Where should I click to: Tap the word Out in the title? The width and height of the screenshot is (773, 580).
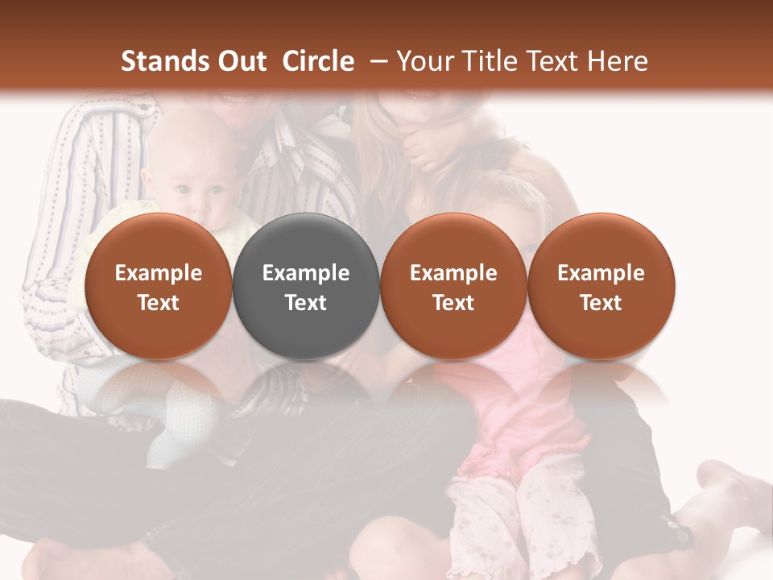241,61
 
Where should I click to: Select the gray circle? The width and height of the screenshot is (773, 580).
306,286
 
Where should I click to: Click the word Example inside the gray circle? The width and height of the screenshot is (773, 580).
306,273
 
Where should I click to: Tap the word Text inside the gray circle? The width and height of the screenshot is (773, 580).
306,303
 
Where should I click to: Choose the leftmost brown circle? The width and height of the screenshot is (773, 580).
159,286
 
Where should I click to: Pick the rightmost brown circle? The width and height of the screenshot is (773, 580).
601,286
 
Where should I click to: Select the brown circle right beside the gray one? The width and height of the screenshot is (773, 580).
453,286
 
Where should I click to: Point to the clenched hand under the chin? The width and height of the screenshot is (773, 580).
424,145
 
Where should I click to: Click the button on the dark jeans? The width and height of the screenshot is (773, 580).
681,534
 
